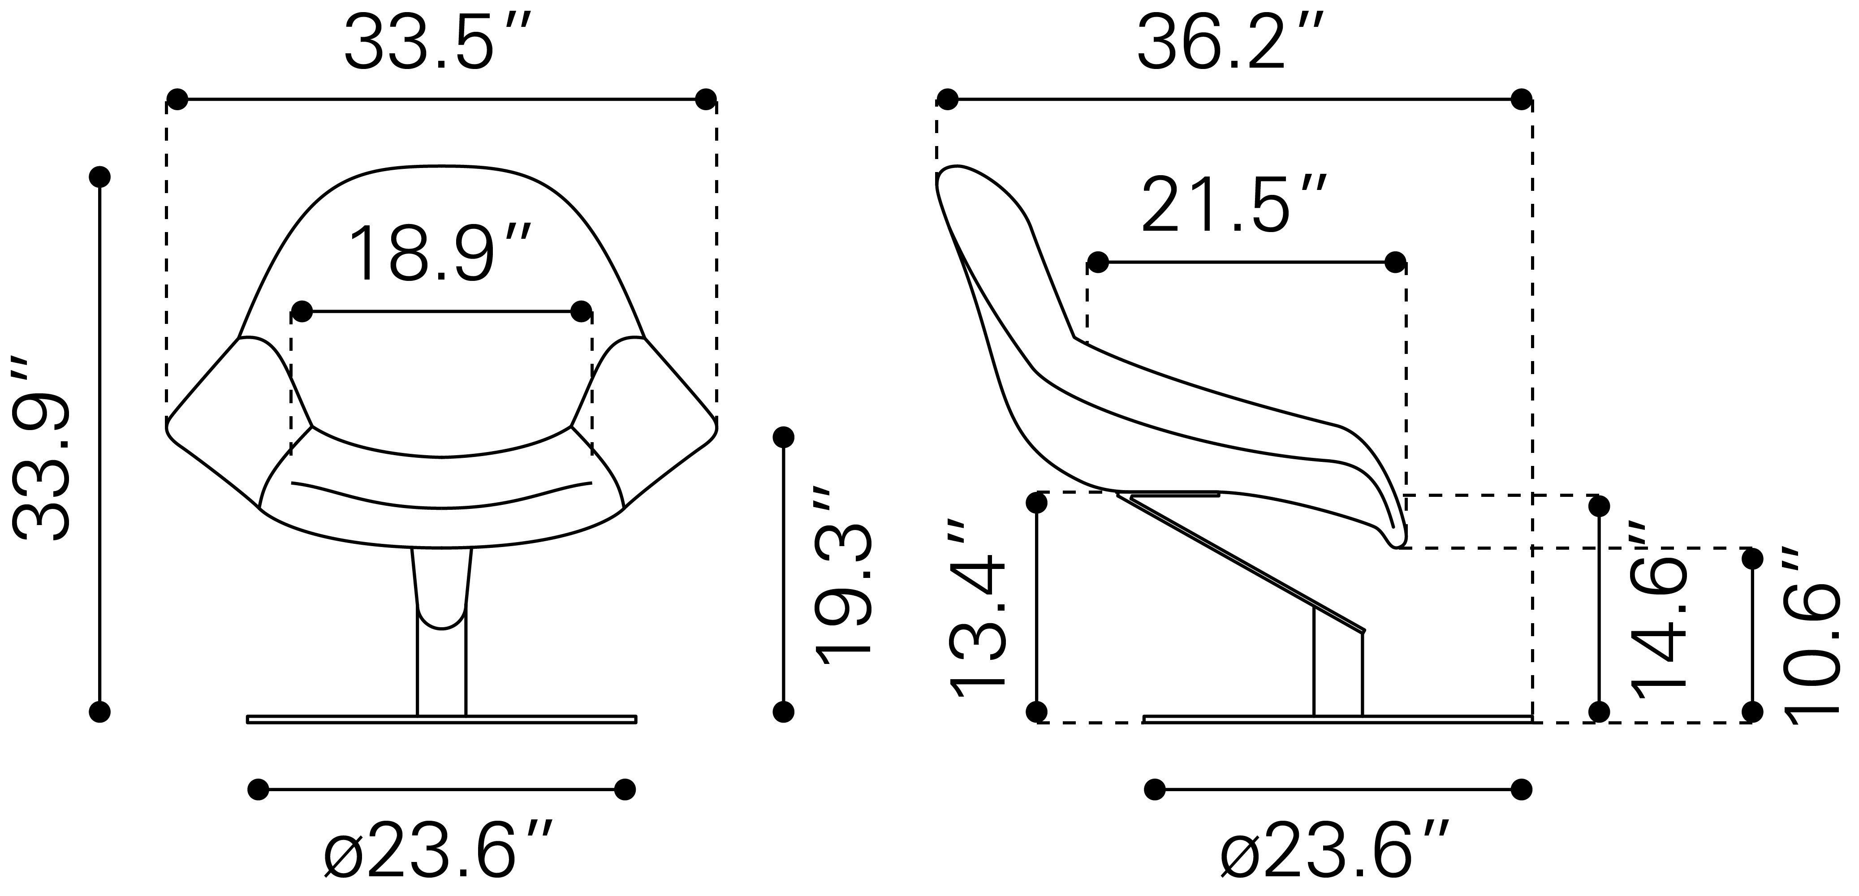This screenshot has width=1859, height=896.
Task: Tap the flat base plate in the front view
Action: (x=442, y=719)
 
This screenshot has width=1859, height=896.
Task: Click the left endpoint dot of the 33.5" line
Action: (x=177, y=99)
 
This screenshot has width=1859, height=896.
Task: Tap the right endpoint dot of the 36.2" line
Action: (x=1521, y=99)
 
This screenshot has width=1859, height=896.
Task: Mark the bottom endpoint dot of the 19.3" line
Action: (x=783, y=712)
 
